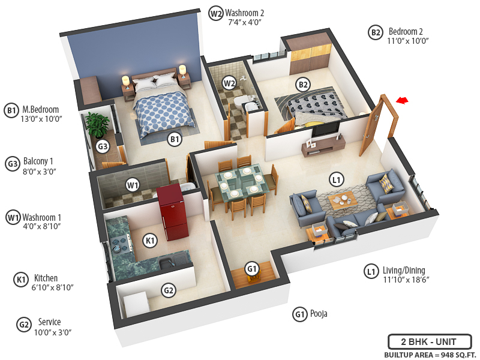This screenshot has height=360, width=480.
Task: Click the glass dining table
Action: (241, 183)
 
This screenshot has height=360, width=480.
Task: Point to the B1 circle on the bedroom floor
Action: (175, 140)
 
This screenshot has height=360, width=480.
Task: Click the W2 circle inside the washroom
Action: (229, 83)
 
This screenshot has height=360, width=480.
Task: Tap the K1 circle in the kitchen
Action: (151, 241)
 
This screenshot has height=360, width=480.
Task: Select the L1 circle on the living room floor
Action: (337, 179)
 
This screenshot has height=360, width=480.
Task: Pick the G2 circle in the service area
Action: (169, 291)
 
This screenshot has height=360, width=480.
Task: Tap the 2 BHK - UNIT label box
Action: (428, 342)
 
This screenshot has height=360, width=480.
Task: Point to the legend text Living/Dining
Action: (406, 271)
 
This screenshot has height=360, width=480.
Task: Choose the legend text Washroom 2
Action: (244, 13)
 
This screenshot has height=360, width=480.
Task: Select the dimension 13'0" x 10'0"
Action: (42, 119)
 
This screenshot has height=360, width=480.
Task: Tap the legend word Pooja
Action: (319, 314)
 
